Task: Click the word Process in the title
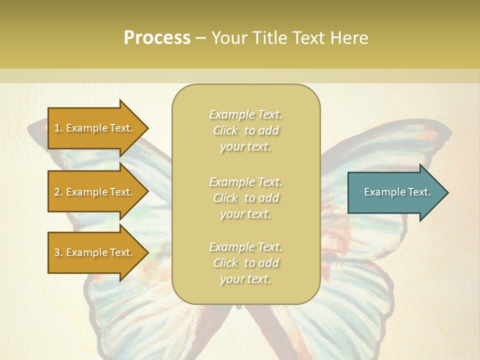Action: (157, 38)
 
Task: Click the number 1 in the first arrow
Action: (57, 128)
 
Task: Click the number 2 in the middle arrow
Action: (57, 192)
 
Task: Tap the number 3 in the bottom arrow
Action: (57, 252)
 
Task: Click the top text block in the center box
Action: (245, 130)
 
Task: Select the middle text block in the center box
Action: (245, 198)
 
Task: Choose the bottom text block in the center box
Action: (245, 263)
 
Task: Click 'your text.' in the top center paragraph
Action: (245, 147)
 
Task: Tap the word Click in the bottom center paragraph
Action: (225, 263)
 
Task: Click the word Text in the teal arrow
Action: (419, 192)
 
